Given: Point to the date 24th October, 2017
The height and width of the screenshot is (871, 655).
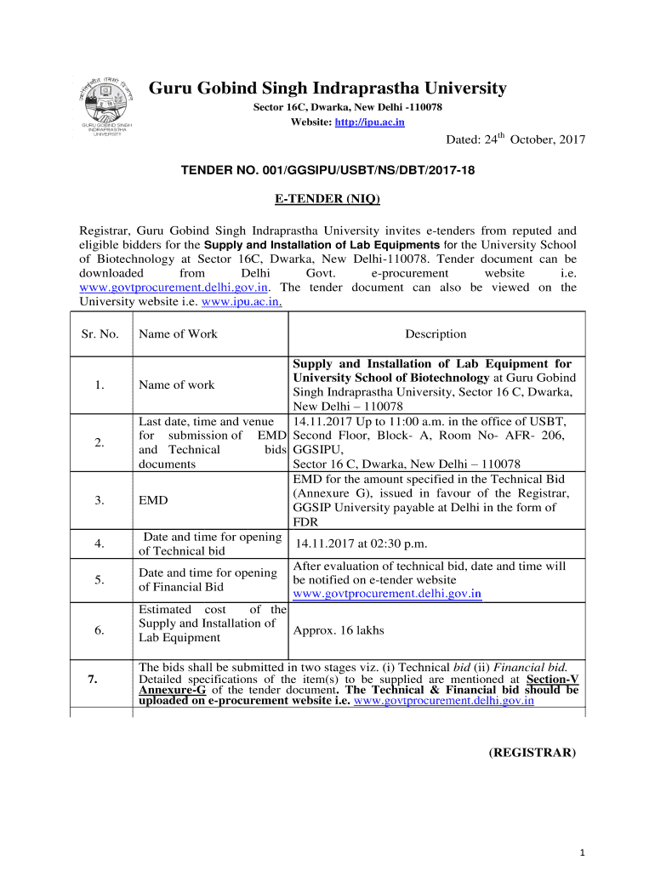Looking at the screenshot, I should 515,139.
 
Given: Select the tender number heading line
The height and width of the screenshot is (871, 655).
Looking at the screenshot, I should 327,171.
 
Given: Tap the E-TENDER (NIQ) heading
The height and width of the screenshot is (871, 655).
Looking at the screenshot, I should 327,200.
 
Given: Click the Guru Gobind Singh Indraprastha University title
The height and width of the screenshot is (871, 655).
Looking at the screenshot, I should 327,88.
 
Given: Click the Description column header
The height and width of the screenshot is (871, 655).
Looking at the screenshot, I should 436,334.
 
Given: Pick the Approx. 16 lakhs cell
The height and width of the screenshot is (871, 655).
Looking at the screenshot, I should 339,630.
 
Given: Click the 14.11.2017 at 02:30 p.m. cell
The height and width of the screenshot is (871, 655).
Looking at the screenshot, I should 361,544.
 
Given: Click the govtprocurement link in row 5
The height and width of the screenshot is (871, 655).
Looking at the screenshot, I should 387,593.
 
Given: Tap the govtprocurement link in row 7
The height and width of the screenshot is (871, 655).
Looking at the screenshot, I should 443,702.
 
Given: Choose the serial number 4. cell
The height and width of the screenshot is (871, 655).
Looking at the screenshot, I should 100,544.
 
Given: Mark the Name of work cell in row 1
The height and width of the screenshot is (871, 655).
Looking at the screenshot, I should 176,384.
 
